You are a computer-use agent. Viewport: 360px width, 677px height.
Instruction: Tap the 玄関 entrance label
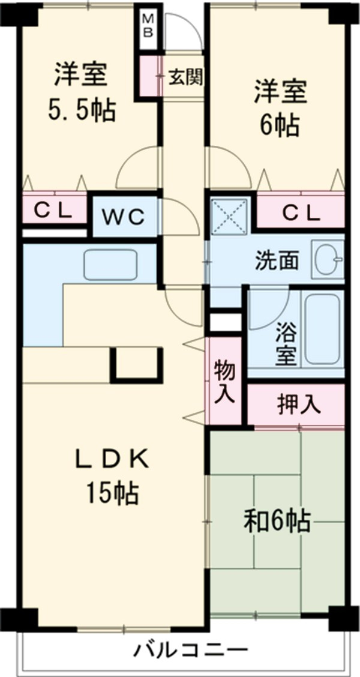184,77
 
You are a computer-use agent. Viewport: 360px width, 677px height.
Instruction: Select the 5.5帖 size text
81,112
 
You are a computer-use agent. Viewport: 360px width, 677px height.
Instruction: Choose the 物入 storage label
225,382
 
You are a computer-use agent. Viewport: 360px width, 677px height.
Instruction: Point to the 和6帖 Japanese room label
277,520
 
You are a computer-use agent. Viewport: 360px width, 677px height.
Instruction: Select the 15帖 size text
111,493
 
